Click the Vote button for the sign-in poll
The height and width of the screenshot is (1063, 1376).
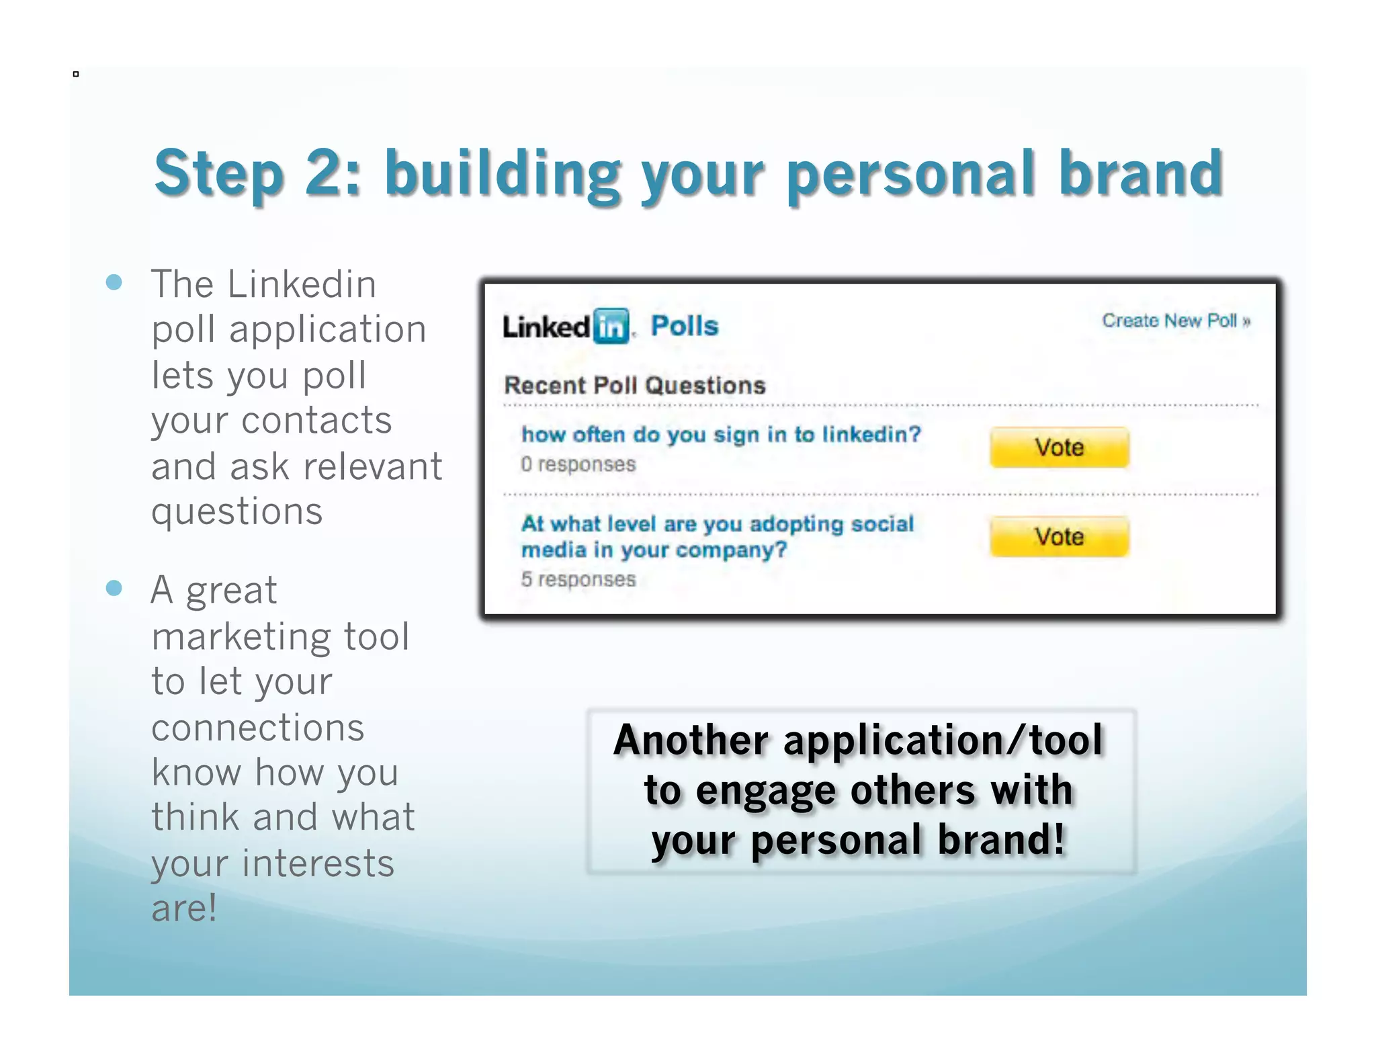1059,448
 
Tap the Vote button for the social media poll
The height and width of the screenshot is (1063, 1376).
1059,537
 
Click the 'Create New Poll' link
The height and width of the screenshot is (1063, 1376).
1176,321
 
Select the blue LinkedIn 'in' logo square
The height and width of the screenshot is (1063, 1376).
611,327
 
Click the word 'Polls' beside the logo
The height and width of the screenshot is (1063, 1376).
685,327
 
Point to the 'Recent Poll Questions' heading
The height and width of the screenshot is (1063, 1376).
635,386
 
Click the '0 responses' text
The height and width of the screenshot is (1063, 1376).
578,464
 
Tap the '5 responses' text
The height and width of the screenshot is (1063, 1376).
578,579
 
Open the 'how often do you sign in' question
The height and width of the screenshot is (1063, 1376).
721,435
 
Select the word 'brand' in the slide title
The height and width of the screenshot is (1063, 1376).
1140,173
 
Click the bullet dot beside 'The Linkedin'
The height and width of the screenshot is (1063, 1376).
114,282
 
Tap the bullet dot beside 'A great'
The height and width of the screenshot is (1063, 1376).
114,589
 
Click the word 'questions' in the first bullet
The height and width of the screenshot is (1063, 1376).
237,512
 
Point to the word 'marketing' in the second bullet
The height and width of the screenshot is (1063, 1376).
242,636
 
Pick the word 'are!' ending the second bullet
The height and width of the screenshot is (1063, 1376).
184,908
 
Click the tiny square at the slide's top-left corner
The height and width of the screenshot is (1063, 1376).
76,74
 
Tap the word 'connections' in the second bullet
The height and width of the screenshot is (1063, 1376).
258,728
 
